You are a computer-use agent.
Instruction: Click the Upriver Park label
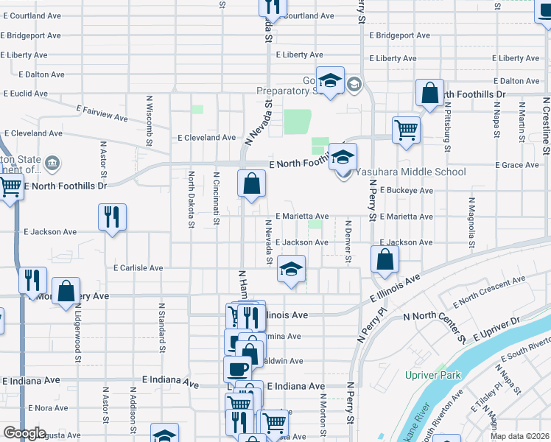[433, 375]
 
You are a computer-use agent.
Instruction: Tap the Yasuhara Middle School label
[411, 172]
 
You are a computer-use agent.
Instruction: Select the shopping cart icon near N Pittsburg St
[406, 130]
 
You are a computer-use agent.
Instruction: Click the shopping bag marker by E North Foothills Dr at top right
[429, 94]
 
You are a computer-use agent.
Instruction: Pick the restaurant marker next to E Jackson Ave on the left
[112, 217]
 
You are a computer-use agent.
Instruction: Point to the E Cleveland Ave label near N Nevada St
[207, 138]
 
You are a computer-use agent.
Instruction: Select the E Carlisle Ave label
[138, 268]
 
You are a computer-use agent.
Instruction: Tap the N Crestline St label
[546, 125]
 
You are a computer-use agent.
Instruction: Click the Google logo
[25, 433]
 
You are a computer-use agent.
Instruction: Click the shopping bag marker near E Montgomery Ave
[66, 290]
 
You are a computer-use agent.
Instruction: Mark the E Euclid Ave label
[25, 94]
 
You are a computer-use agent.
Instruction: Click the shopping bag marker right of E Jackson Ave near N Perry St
[385, 259]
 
